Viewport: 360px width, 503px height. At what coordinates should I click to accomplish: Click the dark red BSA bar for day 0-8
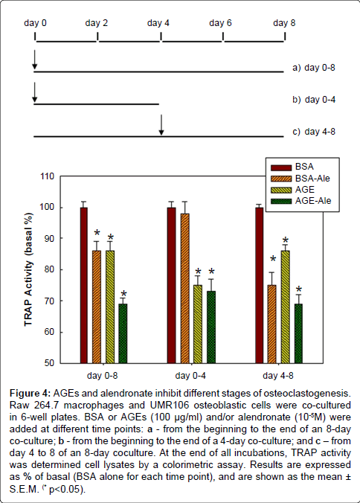point(83,285)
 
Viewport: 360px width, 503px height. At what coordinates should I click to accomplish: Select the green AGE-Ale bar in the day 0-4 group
point(211,327)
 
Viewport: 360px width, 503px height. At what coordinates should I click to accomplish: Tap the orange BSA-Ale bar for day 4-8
point(271,324)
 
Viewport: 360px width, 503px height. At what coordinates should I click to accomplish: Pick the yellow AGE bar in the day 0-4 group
point(198,324)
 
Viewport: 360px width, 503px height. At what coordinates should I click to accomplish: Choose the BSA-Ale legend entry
point(300,178)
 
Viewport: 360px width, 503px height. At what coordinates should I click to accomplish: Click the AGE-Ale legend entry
point(300,201)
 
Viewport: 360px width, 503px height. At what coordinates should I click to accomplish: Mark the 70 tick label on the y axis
point(49,301)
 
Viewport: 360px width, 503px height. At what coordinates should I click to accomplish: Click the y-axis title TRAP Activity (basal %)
point(28,269)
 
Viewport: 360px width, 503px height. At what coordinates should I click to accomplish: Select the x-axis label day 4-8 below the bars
point(278,375)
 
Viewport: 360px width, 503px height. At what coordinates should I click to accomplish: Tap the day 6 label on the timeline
point(220,23)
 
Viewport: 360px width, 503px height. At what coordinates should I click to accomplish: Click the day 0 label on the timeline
point(35,23)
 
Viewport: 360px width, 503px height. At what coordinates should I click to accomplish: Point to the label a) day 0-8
point(314,68)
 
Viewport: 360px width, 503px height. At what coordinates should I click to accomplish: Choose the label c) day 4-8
point(314,132)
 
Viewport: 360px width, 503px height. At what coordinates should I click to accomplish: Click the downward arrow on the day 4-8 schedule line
point(161,125)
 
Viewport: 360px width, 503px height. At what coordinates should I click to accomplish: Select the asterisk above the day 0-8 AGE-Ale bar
point(123,294)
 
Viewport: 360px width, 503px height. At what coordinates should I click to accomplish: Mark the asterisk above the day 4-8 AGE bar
point(286,240)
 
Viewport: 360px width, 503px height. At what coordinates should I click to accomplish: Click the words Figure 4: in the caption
point(30,393)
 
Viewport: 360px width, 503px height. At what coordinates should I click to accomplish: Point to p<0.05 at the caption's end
point(66,490)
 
